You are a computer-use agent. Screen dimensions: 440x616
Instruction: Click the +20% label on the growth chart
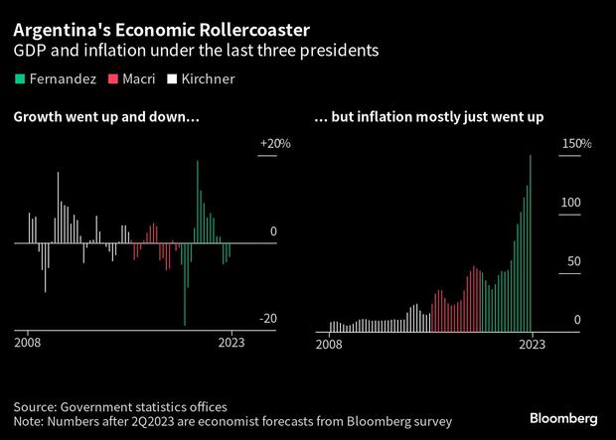[x=274, y=144]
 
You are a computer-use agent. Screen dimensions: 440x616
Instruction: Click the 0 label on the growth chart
[x=274, y=231]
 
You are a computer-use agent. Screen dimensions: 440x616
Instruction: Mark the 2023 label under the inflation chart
[x=533, y=345]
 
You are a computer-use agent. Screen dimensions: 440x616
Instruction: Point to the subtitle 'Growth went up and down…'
[x=106, y=117]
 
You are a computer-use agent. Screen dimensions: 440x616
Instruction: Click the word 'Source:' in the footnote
[x=37, y=406]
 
